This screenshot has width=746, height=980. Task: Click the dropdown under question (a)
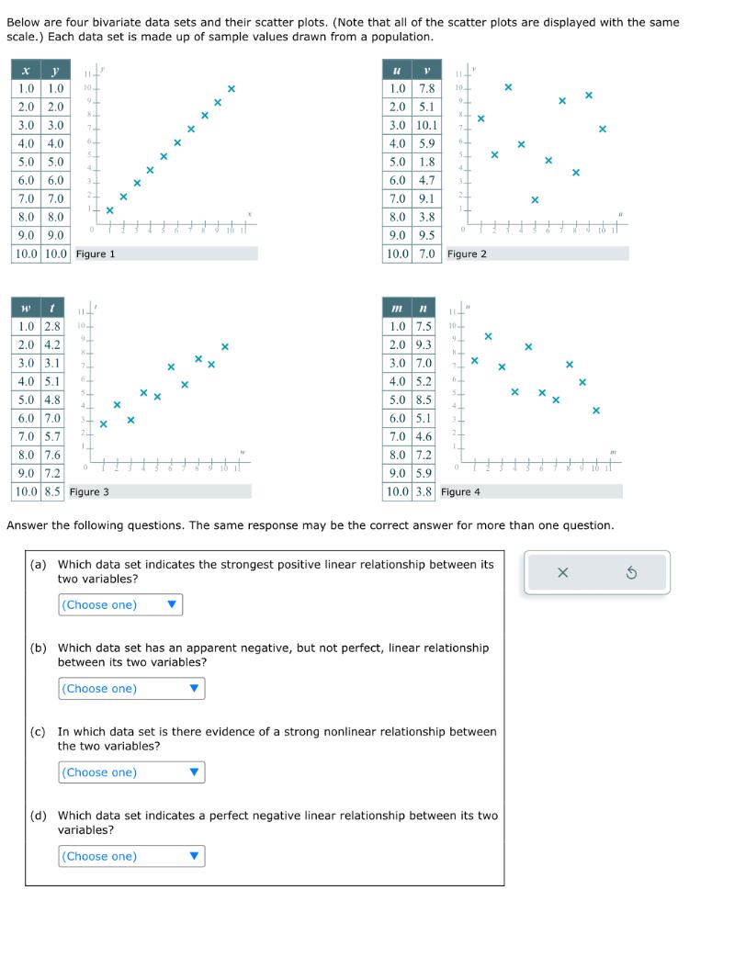pos(121,604)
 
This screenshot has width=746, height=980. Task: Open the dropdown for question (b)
pos(131,688)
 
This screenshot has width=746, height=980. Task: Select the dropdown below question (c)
pos(131,772)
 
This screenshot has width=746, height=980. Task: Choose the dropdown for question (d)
pos(131,856)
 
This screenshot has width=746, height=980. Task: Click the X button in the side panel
pos(563,573)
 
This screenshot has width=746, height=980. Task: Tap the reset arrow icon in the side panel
pos(631,573)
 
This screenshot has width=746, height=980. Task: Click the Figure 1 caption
pos(96,253)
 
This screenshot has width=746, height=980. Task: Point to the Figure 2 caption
pos(467,253)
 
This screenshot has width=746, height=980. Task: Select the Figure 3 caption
pos(89,491)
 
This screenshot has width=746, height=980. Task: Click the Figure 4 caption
pos(460,491)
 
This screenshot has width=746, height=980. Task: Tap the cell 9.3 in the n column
pos(423,344)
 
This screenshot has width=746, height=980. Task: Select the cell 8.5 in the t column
pos(52,491)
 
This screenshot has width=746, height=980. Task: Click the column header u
pos(397,70)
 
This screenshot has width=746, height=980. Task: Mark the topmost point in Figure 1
pos(232,89)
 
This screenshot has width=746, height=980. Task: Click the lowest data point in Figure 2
pos(535,199)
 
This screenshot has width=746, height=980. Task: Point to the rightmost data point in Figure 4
pos(595,411)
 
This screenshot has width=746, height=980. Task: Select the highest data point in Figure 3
pos(224,347)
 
